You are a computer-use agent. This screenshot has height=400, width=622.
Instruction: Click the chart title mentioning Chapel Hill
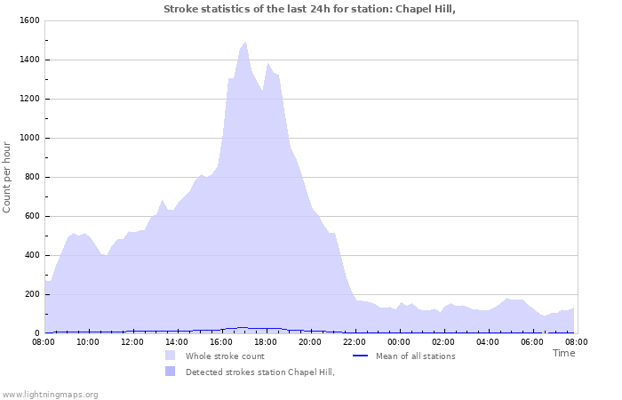(315, 9)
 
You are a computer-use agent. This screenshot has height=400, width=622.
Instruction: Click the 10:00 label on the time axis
(88, 341)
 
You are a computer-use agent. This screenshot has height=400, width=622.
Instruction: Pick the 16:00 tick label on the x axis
(221, 341)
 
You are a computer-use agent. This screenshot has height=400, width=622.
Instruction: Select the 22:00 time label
(355, 341)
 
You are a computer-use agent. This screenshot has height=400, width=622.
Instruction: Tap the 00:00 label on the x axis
(399, 341)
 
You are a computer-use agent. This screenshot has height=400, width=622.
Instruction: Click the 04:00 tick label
(488, 341)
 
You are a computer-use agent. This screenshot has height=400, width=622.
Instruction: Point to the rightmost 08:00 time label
(576, 341)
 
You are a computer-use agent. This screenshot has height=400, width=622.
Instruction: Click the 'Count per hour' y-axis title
(7, 177)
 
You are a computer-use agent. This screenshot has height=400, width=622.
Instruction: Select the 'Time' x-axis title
(563, 353)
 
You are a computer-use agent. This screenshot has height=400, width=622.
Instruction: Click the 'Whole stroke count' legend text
(225, 356)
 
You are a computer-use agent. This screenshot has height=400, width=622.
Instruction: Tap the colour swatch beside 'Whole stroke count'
(170, 356)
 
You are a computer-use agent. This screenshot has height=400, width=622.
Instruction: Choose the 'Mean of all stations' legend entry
(415, 356)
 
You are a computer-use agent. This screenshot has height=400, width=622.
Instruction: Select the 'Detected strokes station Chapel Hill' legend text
(259, 372)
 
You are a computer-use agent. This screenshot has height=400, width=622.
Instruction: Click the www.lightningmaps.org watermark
(50, 394)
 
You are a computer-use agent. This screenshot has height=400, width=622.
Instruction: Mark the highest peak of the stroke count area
(245, 43)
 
